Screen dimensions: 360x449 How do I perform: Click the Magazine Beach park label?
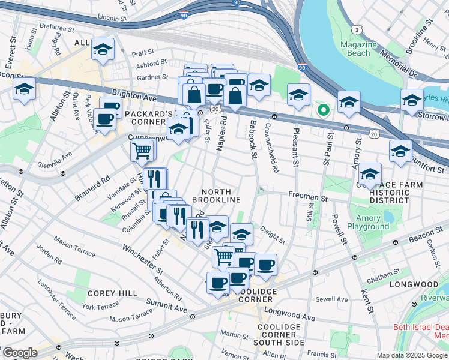pyautogui.click(x=359, y=49)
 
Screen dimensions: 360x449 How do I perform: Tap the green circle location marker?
pyautogui.click(x=323, y=110)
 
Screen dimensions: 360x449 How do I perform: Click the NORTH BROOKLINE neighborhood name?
pyautogui.click(x=217, y=195)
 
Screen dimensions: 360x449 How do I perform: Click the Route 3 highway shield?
pyautogui.click(x=358, y=29)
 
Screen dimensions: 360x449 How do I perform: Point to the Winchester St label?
pyautogui.click(x=142, y=256)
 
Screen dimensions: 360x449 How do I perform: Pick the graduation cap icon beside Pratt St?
pyautogui.click(x=103, y=50)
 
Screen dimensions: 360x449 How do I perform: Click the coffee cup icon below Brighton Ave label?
pyautogui.click(x=106, y=120)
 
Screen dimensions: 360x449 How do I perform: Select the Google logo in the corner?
pyautogui.click(x=19, y=353)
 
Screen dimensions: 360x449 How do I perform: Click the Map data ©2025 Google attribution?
pyautogui.click(x=412, y=355)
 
